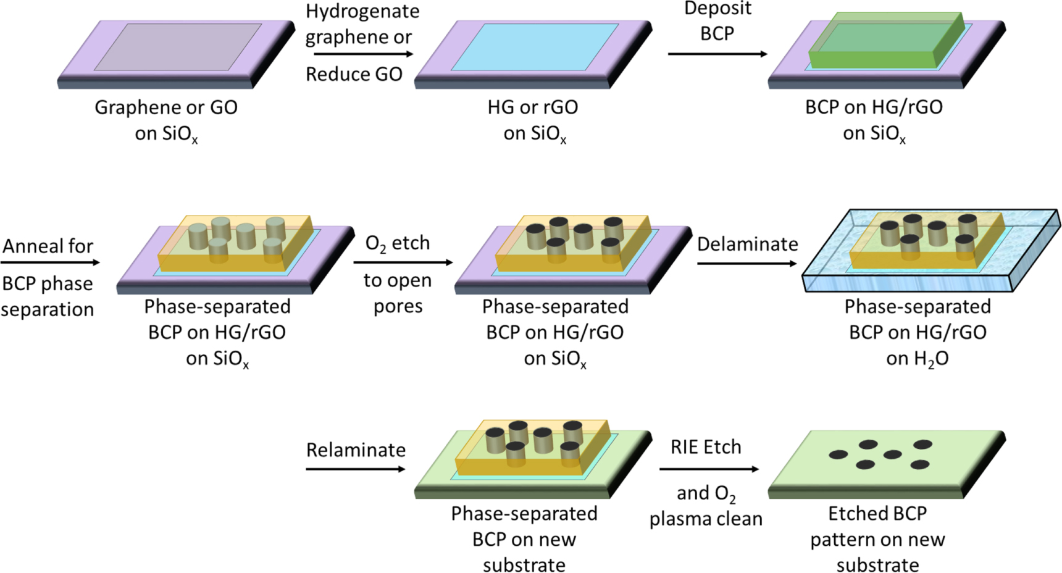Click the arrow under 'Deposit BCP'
click(717, 54)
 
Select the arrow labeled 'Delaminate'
click(747, 264)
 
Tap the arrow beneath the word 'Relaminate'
click(355, 469)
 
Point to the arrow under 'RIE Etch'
click(708, 469)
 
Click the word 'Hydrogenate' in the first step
click(362, 11)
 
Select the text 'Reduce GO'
click(354, 74)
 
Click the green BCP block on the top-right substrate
click(883, 43)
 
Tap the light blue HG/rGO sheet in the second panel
click(534, 47)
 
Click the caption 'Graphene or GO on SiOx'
click(166, 120)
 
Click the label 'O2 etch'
click(397, 243)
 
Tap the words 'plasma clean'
click(706, 519)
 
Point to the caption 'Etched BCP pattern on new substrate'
click(877, 538)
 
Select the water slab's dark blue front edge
click(908, 283)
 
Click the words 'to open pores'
click(398, 293)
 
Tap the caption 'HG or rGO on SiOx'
click(533, 120)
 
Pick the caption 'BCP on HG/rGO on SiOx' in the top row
click(874, 120)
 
